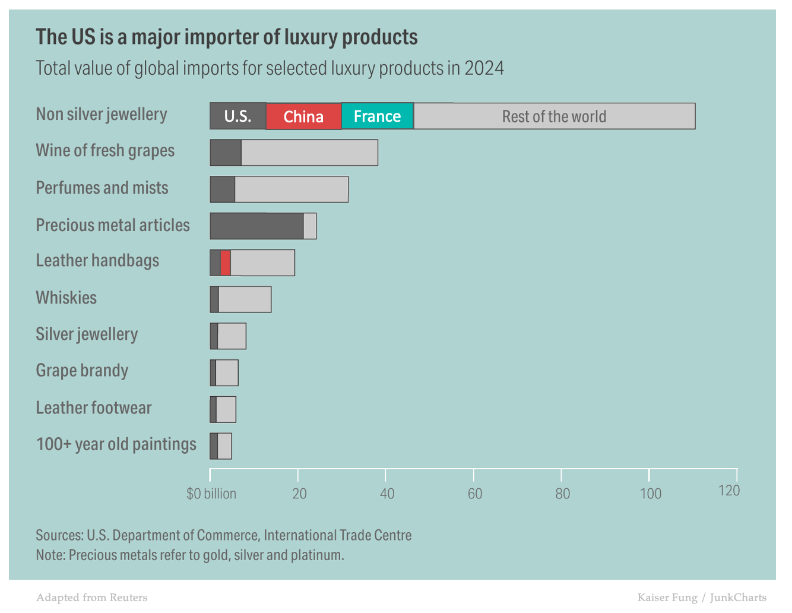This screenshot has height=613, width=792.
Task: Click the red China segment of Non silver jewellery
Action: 303,116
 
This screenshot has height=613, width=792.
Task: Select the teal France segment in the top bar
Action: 377,116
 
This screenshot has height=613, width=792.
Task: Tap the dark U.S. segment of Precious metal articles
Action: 256,226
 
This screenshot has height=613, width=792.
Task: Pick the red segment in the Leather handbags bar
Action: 225,263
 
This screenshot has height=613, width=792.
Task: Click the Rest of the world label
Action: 554,116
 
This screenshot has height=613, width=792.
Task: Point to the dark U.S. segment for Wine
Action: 226,153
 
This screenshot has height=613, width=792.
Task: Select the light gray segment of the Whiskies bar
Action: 245,299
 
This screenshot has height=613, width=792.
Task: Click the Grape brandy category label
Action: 82,371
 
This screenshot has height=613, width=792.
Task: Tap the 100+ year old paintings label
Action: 116,444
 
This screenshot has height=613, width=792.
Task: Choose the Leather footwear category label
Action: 94,408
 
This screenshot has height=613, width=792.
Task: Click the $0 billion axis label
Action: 211,494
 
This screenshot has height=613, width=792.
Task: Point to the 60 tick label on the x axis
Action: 475,494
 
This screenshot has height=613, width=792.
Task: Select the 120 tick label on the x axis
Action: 729,491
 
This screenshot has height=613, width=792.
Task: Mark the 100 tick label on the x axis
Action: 651,494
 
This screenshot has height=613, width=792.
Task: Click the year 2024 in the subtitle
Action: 484,68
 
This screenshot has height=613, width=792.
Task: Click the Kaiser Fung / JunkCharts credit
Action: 702,598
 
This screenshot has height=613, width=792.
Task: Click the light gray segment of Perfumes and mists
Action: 291,189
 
